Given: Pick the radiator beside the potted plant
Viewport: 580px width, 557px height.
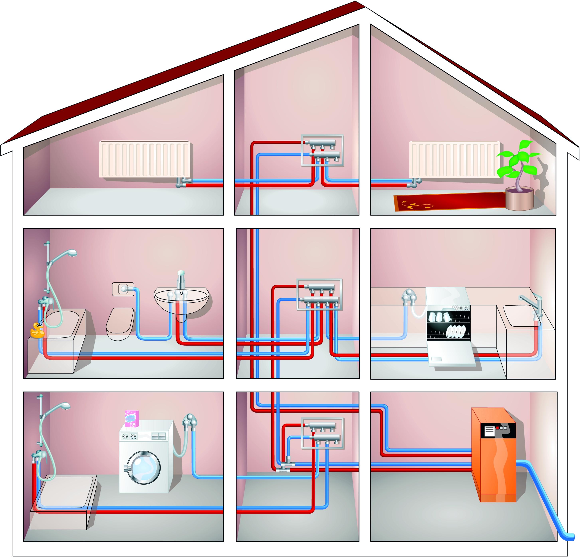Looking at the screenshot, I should coord(454,159).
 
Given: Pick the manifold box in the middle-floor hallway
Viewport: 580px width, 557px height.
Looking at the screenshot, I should coord(320,295).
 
